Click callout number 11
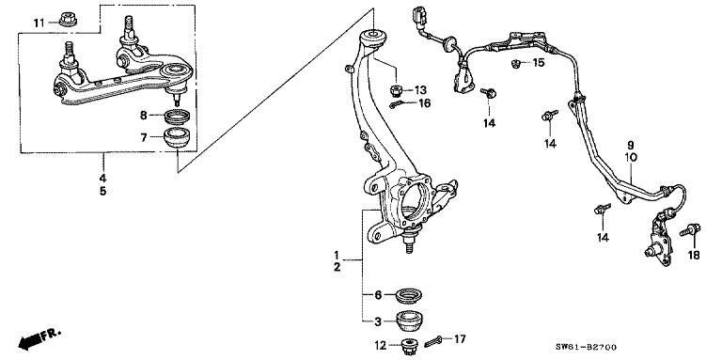point(38,22)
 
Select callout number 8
point(144,116)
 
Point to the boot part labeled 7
point(177,138)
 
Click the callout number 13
point(420,89)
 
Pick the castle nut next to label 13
point(397,90)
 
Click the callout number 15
point(538,63)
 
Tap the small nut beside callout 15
point(516,64)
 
